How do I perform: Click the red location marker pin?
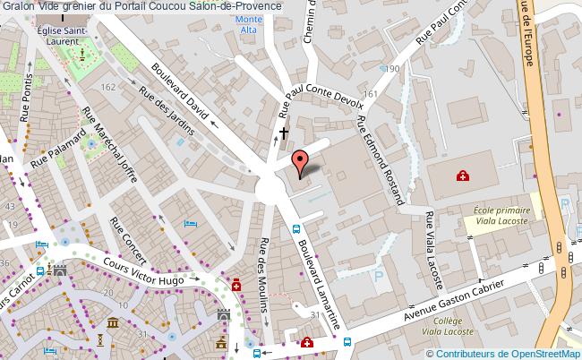(x=302, y=161)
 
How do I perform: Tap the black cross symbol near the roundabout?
(x=284, y=134)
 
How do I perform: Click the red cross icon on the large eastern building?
(x=462, y=176)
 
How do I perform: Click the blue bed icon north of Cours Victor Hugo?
(x=189, y=223)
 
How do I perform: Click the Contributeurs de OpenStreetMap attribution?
(x=509, y=352)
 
